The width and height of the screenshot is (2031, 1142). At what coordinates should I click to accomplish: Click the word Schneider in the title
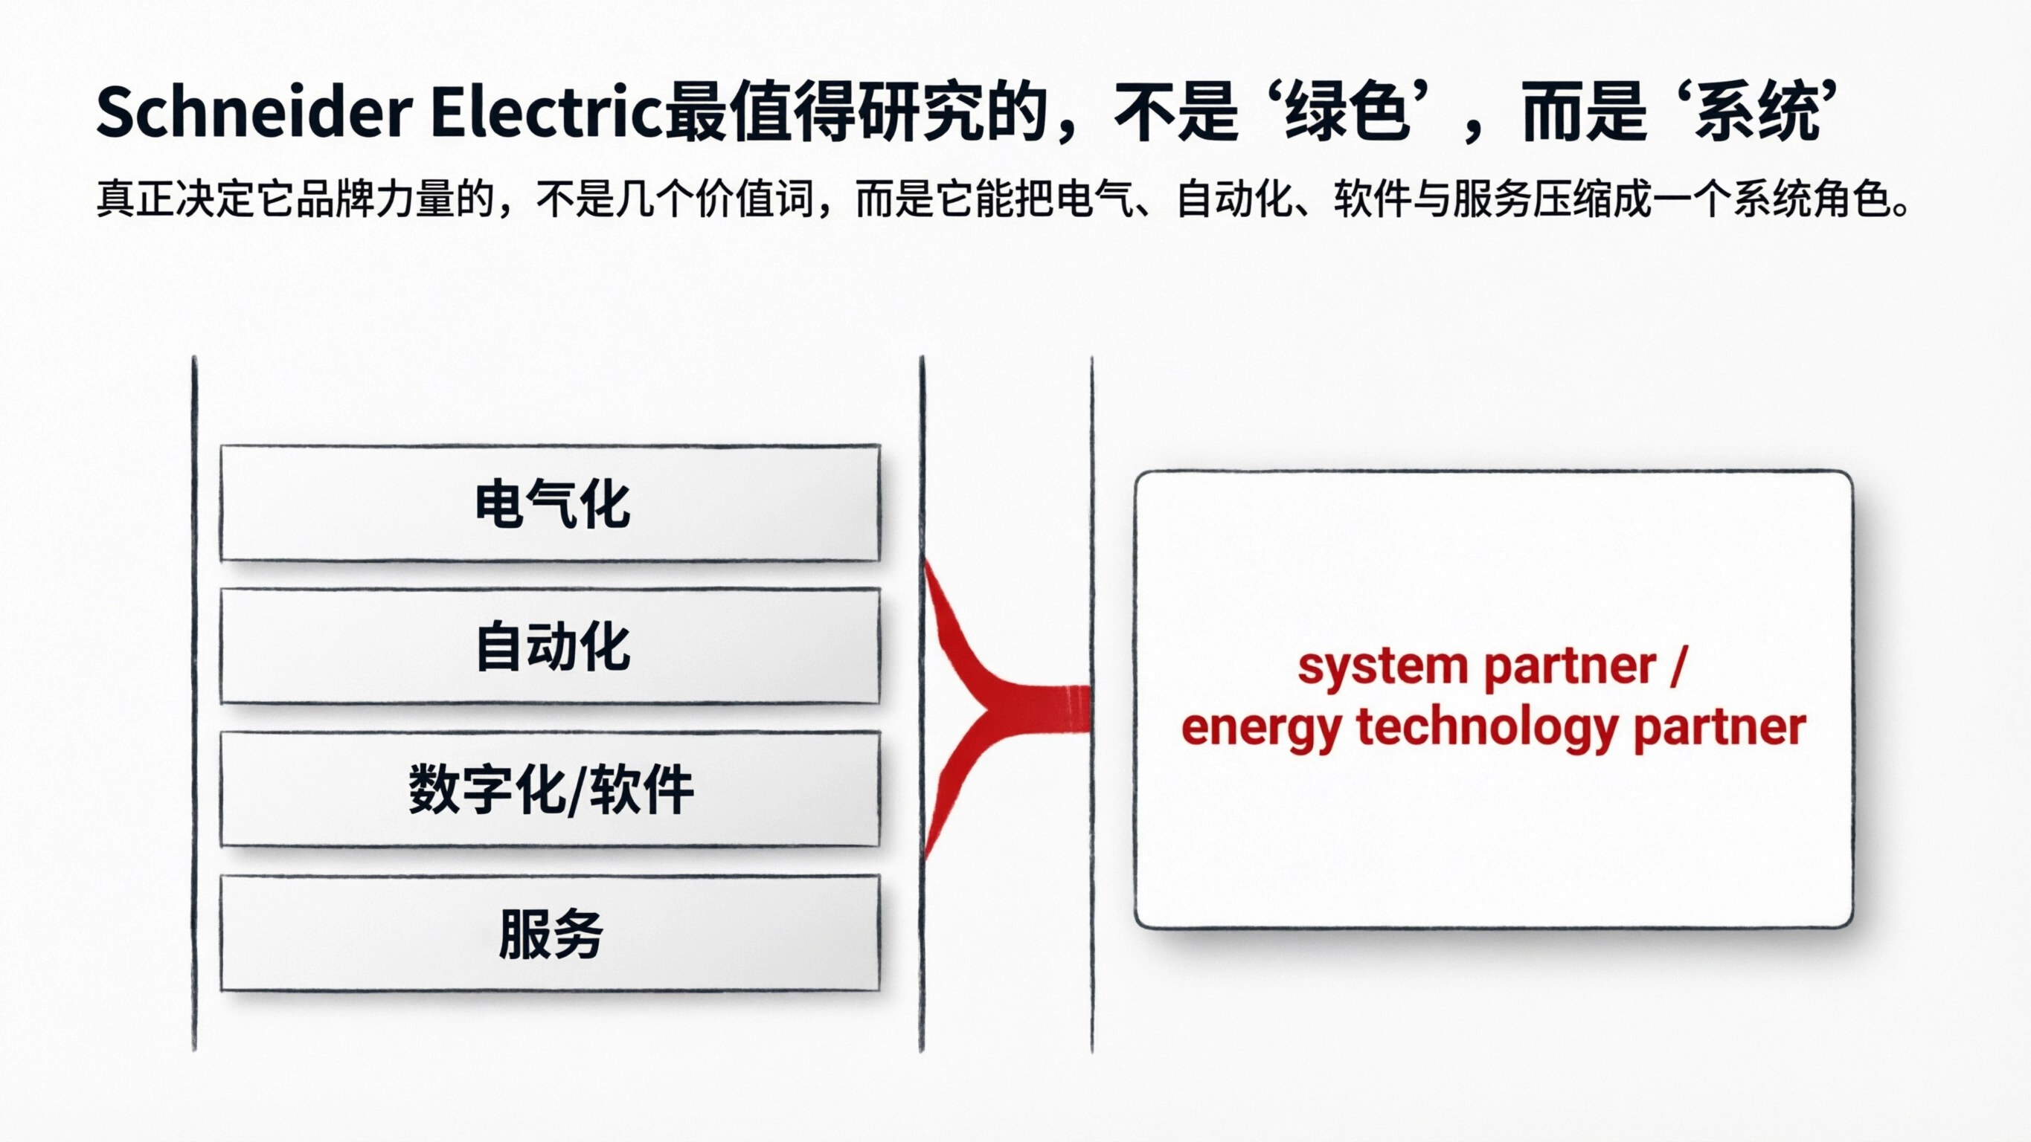(254, 113)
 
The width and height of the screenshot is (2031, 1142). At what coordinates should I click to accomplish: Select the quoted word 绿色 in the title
(1347, 113)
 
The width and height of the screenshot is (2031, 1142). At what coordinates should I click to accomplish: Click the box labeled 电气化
(551, 503)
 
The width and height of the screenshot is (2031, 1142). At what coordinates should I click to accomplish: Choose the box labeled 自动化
(551, 646)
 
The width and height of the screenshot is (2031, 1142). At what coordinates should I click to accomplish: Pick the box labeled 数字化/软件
(551, 790)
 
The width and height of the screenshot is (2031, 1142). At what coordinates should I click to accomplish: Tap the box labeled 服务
(551, 933)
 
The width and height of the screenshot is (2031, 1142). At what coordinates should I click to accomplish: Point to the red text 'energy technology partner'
(1493, 727)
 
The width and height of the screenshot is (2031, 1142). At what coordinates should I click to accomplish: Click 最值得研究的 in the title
(856, 113)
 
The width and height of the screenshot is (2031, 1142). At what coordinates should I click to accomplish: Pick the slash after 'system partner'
(1677, 667)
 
